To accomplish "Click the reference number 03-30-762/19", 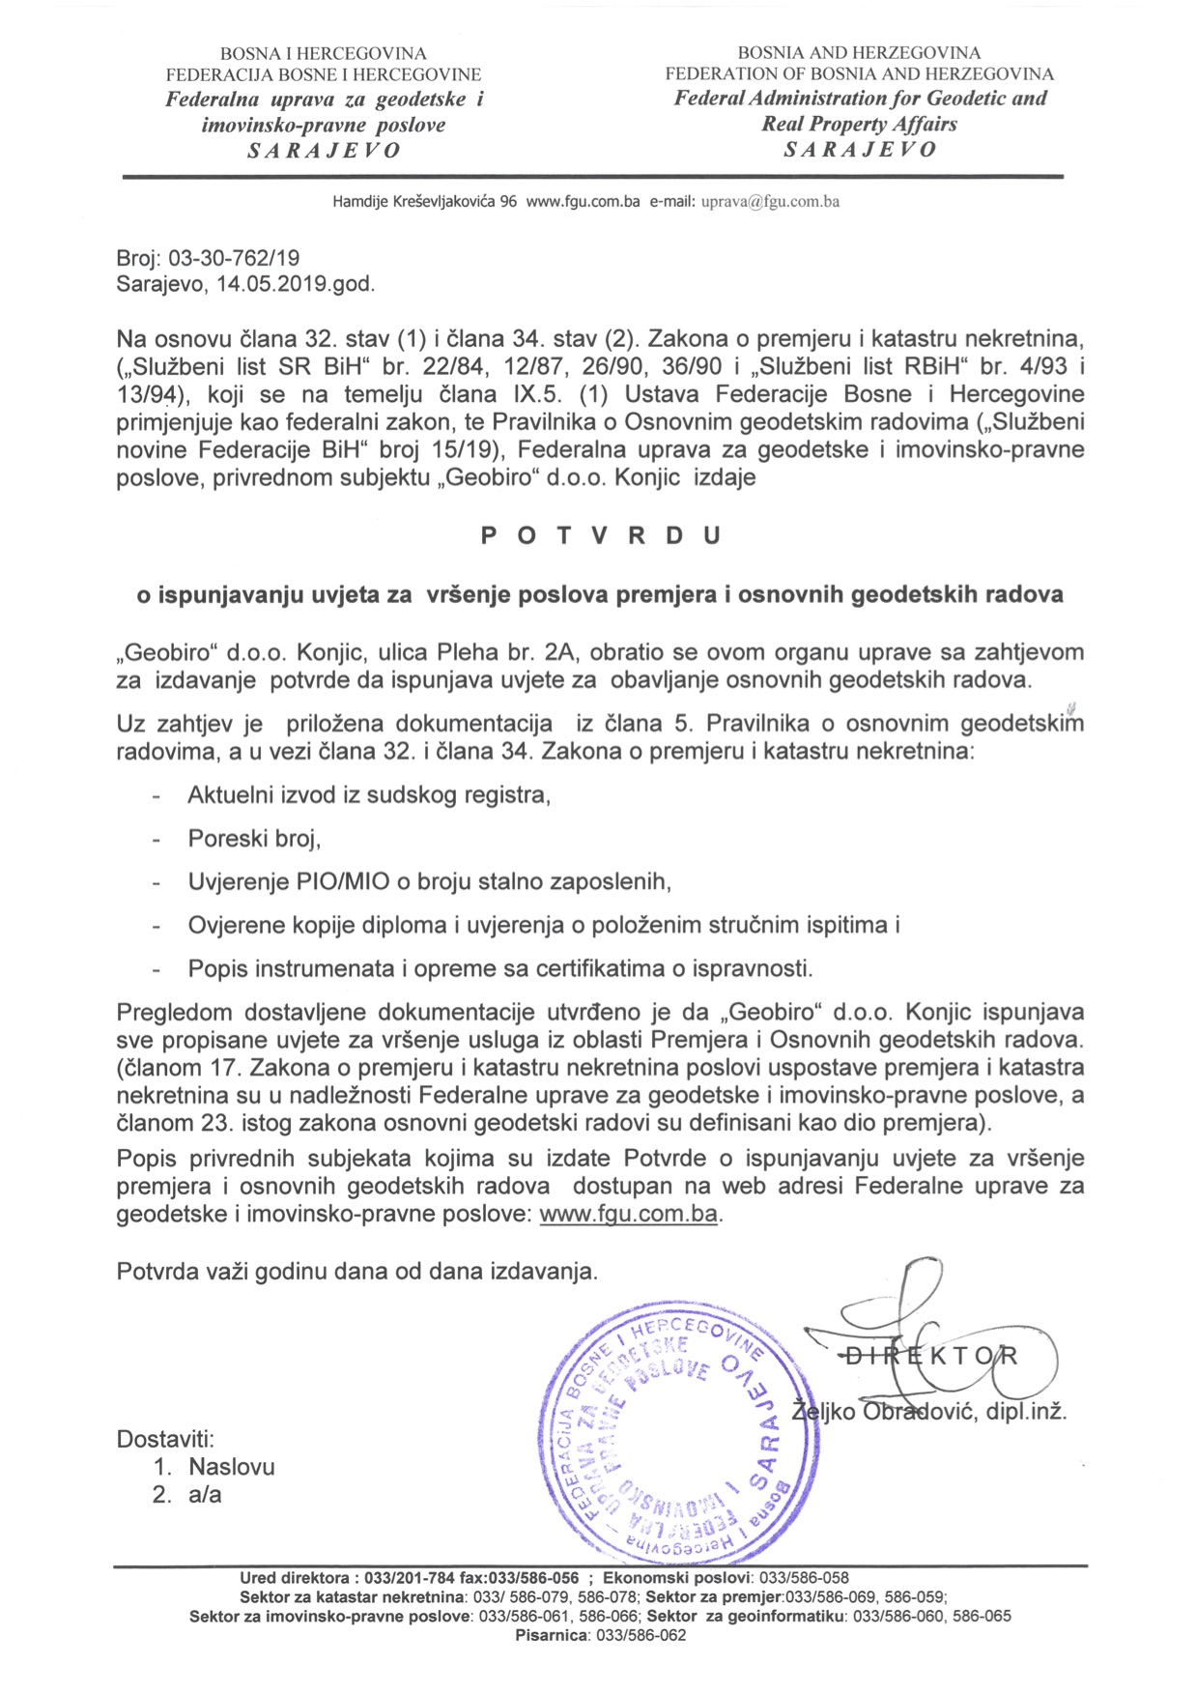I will coord(234,258).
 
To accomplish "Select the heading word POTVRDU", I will coord(601,536).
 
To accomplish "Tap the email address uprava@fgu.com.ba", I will coord(769,202).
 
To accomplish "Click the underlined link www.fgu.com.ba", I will coord(628,1214).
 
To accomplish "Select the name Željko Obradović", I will coord(884,1412).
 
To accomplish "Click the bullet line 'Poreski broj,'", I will coord(254,838).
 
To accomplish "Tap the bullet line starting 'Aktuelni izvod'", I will coord(369,795).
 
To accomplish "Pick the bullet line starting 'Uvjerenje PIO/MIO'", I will coord(429,881).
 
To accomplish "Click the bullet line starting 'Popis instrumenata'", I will coord(500,968).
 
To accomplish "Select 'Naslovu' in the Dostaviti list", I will coord(232,1467).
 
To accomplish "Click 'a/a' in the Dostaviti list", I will coord(205,1495).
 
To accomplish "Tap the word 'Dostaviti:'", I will coord(165,1439).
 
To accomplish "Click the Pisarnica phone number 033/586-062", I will coord(641,1636).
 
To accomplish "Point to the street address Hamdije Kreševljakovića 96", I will coord(425,202).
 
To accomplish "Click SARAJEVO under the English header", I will coord(860,150).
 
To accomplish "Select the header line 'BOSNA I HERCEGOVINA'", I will coord(323,54).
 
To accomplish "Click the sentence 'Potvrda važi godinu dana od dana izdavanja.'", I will coord(356,1271).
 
